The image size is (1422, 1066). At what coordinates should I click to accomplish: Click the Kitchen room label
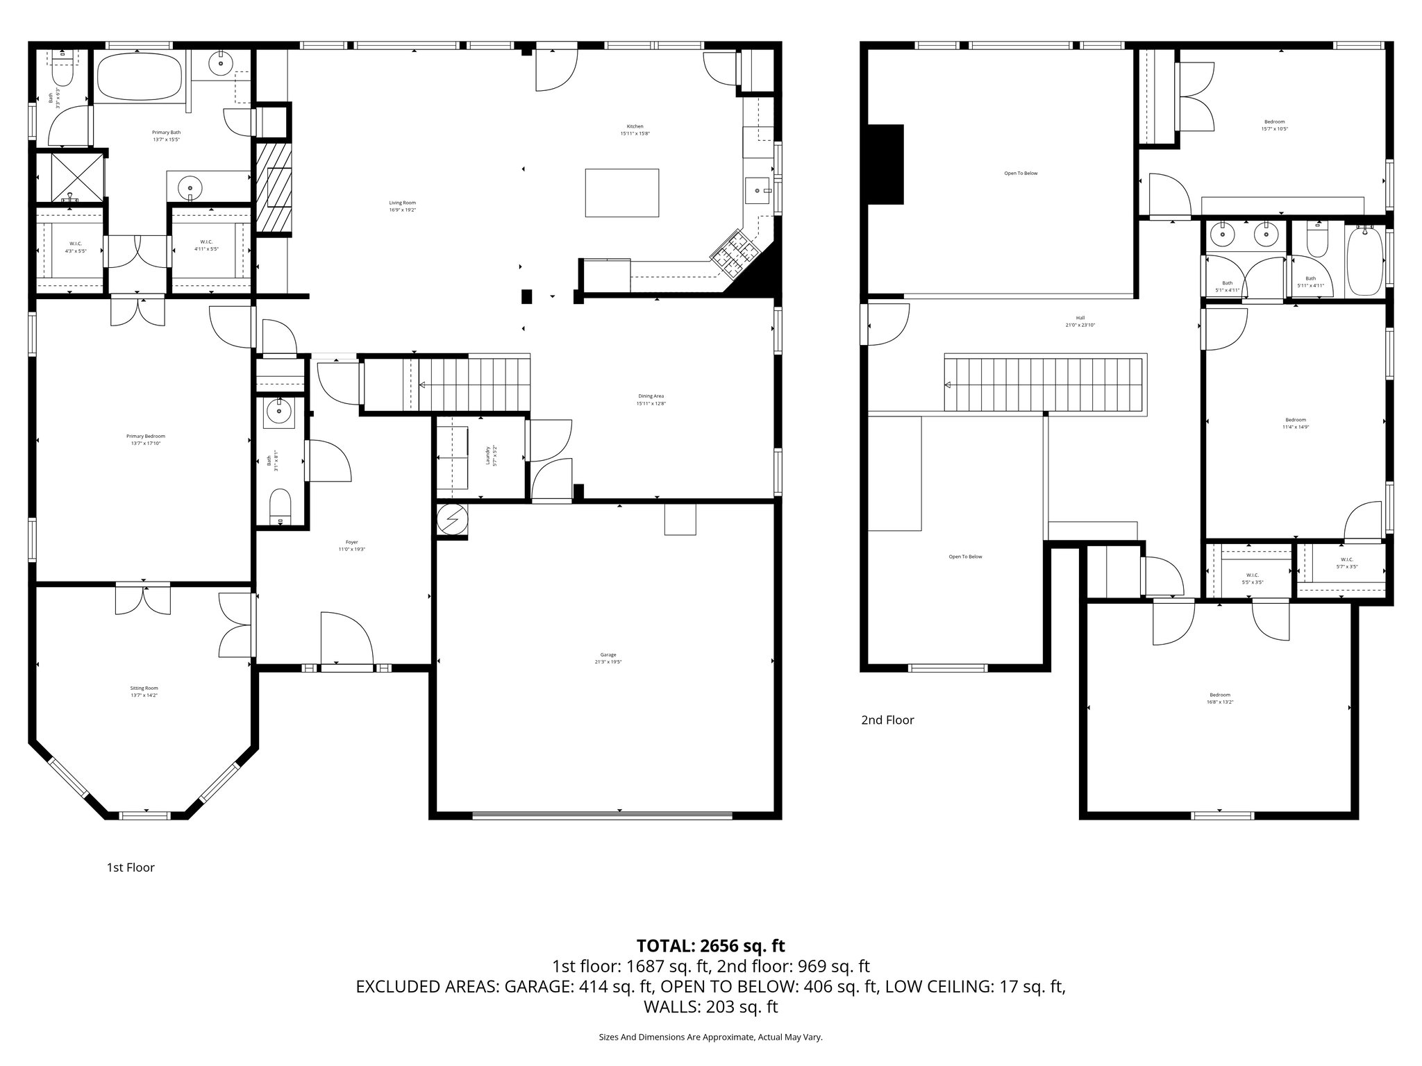pos(635,130)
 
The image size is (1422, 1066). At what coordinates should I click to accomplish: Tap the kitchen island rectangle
pos(621,193)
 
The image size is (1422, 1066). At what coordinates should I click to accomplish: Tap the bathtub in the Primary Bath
pos(139,77)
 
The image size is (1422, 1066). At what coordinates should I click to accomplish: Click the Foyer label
pos(352,545)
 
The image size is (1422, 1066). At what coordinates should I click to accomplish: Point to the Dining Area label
pos(651,400)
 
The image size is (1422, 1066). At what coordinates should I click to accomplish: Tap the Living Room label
pos(402,205)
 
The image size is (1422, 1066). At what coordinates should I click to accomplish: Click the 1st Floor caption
pos(131,868)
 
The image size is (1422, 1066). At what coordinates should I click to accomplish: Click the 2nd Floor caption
pos(887,720)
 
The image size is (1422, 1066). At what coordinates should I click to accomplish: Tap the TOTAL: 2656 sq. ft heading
pos(710,945)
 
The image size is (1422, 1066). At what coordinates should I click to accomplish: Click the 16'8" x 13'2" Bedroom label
pos(1219,698)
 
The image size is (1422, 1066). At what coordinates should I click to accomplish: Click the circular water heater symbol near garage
pos(453,519)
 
